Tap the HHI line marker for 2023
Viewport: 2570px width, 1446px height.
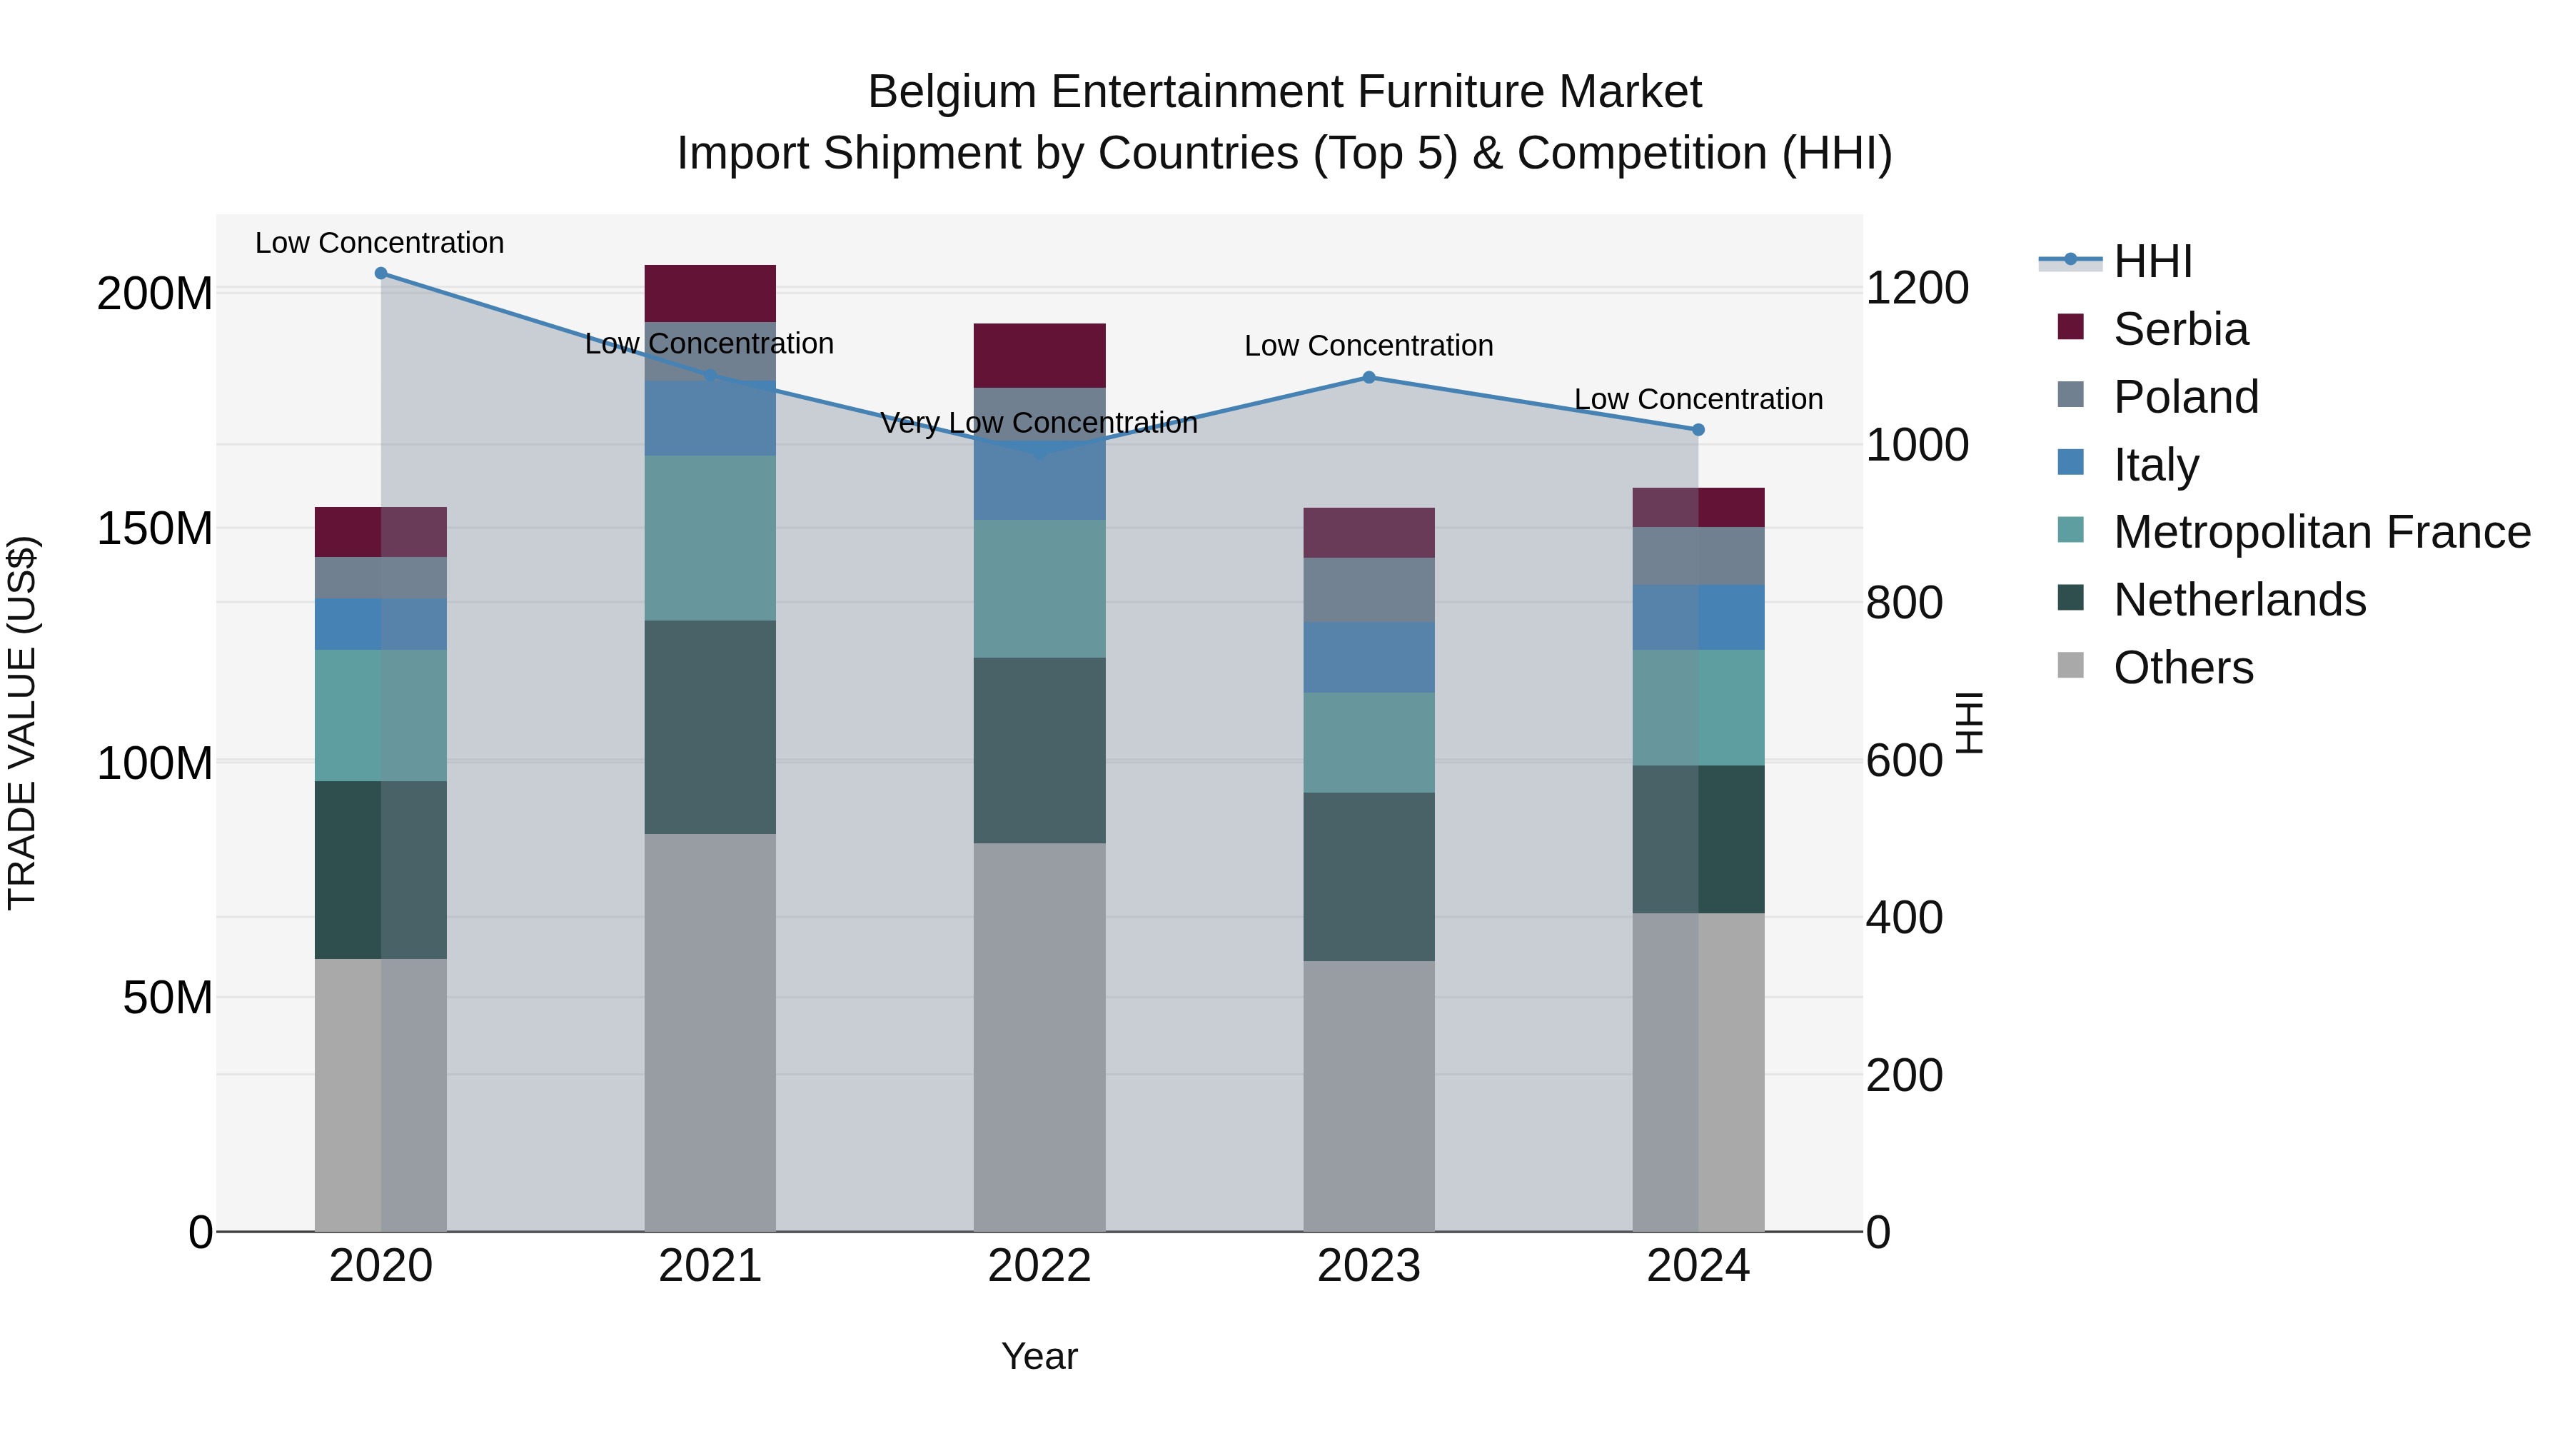point(1369,377)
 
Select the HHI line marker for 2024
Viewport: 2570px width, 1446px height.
point(1698,430)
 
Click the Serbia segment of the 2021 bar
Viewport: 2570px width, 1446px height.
point(710,293)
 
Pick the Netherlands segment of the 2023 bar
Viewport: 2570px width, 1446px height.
point(1369,876)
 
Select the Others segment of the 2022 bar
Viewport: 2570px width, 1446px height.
point(1039,1038)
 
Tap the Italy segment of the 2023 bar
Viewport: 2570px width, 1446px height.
point(1369,657)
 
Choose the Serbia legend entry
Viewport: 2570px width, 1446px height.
point(2180,329)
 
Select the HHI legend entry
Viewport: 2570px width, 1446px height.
point(2152,261)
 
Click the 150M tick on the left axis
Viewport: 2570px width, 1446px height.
point(155,529)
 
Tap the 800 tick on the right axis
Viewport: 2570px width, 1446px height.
point(1903,603)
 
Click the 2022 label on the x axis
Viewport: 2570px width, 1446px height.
point(1039,1266)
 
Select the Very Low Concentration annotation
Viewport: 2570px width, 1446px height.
point(1039,423)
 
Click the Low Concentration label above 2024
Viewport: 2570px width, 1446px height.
point(1698,399)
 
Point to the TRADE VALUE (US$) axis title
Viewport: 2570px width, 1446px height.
point(22,723)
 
